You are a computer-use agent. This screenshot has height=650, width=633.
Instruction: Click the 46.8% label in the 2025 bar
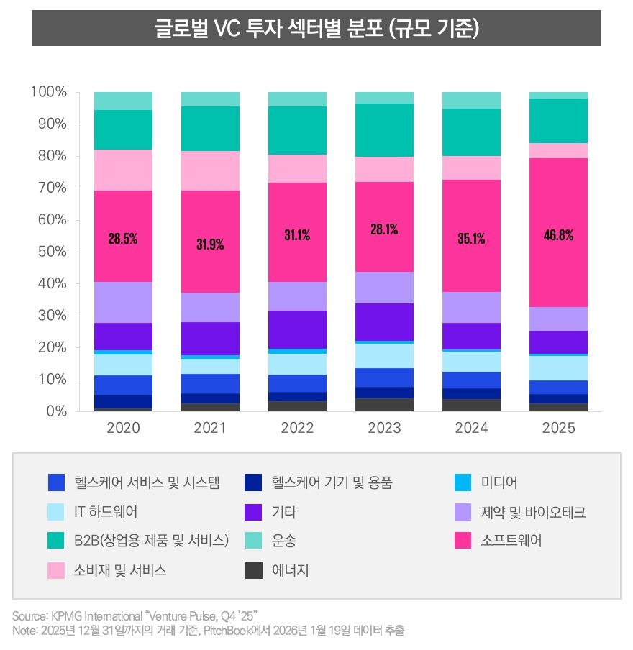[558, 234]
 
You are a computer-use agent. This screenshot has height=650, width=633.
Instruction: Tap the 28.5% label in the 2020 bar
[123, 239]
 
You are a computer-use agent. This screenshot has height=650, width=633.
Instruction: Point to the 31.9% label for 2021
[210, 244]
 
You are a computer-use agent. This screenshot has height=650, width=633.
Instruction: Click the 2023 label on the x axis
[384, 429]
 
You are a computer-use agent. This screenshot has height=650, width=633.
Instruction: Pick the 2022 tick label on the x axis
[297, 429]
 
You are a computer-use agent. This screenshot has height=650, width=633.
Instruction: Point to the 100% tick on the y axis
[48, 92]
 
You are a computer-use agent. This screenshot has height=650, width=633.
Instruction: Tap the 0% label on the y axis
[57, 411]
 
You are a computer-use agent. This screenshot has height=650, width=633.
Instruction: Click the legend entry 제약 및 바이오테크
[533, 512]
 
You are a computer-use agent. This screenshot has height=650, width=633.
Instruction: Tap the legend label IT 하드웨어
[106, 512]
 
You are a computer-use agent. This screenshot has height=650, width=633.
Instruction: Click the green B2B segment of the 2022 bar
[297, 130]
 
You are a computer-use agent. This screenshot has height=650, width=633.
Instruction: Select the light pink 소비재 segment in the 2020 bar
[123, 170]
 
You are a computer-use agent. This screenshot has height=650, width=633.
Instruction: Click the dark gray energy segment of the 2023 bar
[384, 405]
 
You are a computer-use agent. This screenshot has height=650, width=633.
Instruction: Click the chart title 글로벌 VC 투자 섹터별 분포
[316, 29]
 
